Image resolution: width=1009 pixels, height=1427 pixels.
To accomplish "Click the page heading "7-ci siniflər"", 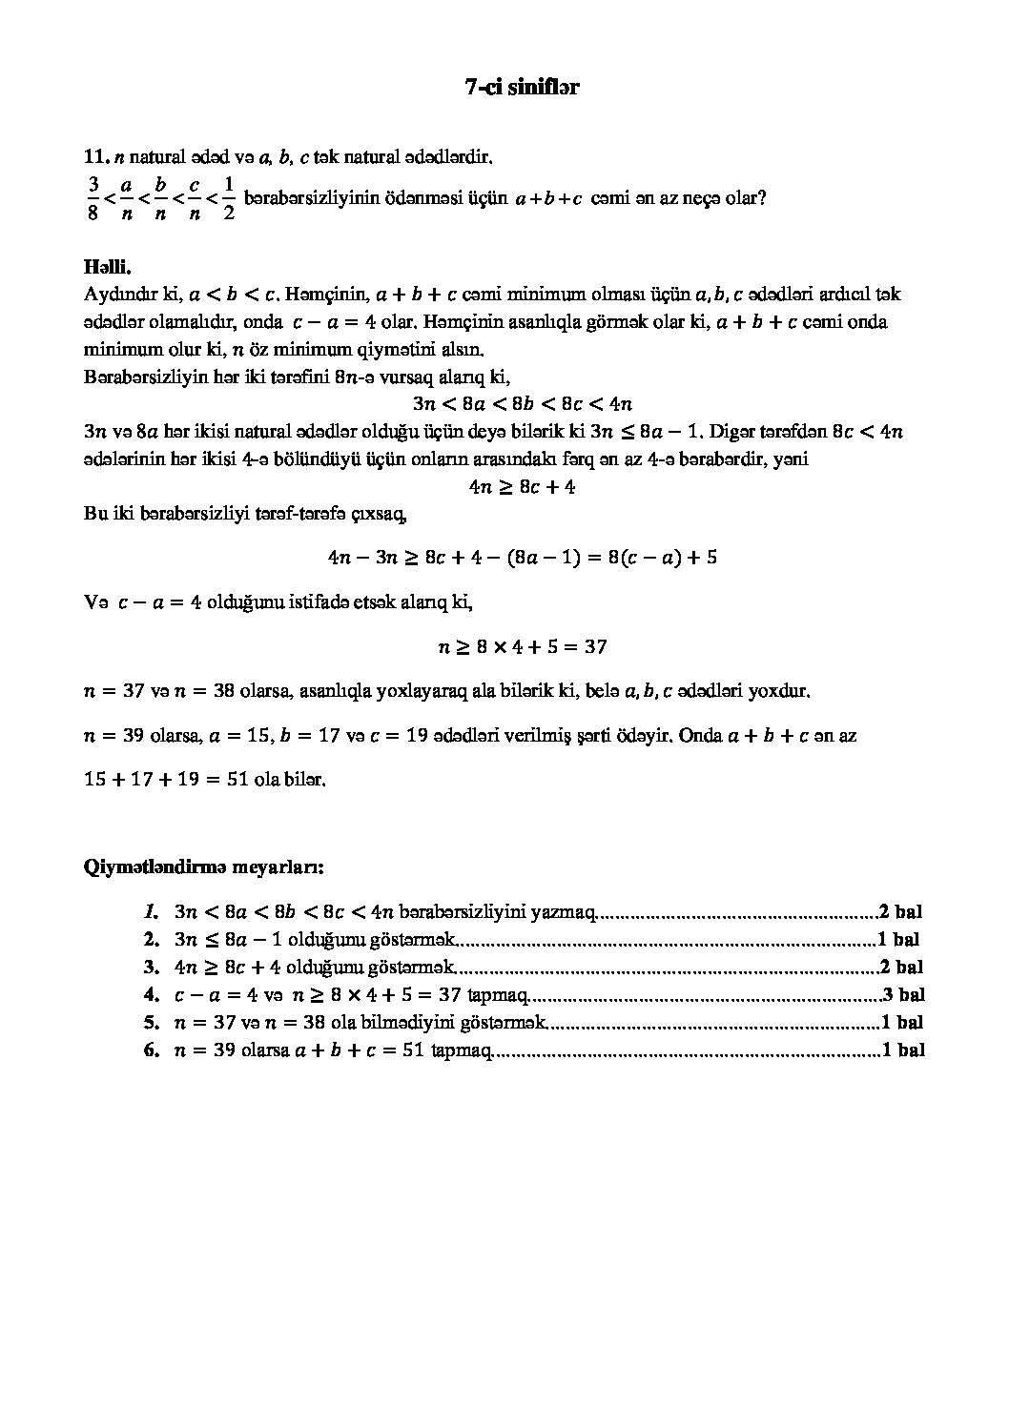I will coord(523,87).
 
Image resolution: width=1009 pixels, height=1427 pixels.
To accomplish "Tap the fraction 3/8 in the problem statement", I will coord(93,197).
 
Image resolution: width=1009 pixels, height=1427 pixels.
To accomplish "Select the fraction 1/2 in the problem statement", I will coord(228,197).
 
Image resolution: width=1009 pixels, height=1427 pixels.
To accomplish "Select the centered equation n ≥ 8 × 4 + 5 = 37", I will coord(523,646).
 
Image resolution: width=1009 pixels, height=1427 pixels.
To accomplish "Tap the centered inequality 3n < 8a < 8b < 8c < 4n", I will coord(523,403).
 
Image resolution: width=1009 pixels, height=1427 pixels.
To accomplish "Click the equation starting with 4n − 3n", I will coord(523,557).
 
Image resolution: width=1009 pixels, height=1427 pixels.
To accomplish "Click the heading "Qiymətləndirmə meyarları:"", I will coord(204,867).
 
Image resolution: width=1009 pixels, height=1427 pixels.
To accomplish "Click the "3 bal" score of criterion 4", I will coord(903,996).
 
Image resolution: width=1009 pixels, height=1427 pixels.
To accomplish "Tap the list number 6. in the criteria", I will coord(151,1051).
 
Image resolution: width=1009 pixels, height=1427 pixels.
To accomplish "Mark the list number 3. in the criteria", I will coord(151,968).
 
